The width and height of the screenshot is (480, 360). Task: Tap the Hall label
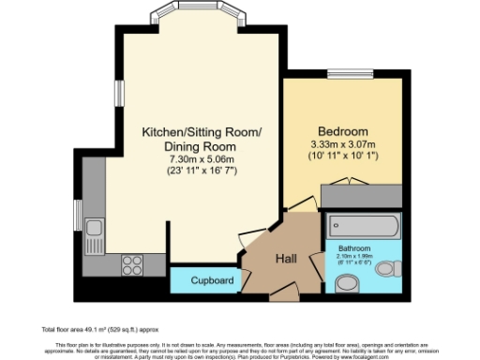[x=287, y=258]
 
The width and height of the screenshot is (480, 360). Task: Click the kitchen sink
[x=94, y=227]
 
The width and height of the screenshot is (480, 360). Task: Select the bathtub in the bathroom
[x=363, y=226]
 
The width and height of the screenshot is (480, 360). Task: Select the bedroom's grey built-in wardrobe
[x=362, y=195]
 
